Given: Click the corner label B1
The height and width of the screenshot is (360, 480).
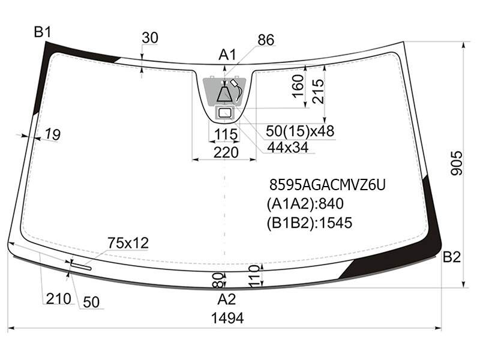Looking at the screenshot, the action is (x=43, y=32).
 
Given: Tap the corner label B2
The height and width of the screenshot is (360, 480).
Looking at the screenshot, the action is (x=452, y=257).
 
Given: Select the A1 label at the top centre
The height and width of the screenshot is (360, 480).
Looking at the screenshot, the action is (x=227, y=55).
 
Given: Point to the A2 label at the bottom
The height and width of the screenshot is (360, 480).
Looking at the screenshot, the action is (x=227, y=299).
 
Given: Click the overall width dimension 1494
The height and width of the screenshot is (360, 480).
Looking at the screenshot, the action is (x=227, y=318).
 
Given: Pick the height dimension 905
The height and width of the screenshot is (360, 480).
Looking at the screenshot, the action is (x=457, y=163).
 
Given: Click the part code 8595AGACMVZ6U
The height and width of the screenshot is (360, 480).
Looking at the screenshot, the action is (x=327, y=185).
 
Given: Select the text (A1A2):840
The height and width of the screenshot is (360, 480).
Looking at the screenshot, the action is (x=305, y=204).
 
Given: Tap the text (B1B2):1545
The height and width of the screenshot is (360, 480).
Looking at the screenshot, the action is (x=310, y=223).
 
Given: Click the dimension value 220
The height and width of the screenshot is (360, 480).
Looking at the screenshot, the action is (x=226, y=152).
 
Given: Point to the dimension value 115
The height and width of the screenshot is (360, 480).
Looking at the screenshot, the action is (x=226, y=134).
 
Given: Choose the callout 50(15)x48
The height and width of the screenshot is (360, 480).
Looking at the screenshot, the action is (x=300, y=131).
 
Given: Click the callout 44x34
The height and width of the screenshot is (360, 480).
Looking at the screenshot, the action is (x=288, y=148).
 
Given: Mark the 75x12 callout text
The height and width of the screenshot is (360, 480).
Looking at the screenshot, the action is (x=128, y=243).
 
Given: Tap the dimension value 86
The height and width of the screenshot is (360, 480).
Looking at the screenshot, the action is (x=266, y=40).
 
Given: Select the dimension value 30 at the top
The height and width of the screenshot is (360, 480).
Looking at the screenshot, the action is (x=150, y=38).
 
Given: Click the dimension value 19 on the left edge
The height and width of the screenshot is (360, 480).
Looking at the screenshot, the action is (x=53, y=134).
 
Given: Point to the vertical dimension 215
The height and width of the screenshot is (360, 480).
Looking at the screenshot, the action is (x=317, y=91).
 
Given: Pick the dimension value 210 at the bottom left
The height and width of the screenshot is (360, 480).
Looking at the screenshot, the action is (x=58, y=298).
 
